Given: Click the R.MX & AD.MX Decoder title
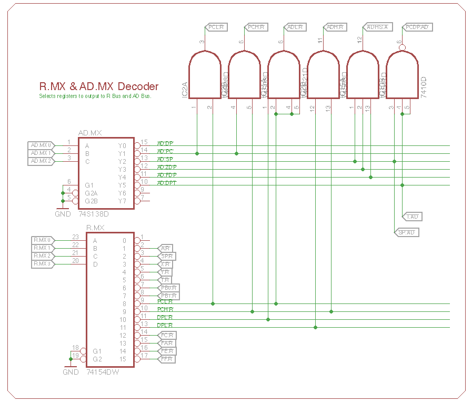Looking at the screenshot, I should pyautogui.click(x=99, y=86).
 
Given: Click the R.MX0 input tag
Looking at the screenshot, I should pyautogui.click(x=43, y=240).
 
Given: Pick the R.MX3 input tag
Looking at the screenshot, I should pyautogui.click(x=43, y=263).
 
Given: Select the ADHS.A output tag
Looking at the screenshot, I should pyautogui.click(x=377, y=27).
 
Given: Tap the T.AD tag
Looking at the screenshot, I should pyautogui.click(x=413, y=217).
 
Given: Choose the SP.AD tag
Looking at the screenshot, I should pyautogui.click(x=406, y=232).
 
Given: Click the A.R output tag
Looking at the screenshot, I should pyautogui.click(x=165, y=248).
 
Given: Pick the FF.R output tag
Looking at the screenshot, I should pyautogui.click(x=167, y=359).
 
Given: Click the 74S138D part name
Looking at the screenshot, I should pyautogui.click(x=93, y=214).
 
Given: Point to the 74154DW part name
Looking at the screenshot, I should pyautogui.click(x=103, y=372).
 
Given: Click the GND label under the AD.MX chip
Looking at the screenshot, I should pyautogui.click(x=63, y=214).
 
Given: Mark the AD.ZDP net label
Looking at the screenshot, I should pyautogui.click(x=167, y=167).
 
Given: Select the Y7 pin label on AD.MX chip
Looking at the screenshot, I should pyautogui.click(x=122, y=201).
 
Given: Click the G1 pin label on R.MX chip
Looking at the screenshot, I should pyautogui.click(x=97, y=351).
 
